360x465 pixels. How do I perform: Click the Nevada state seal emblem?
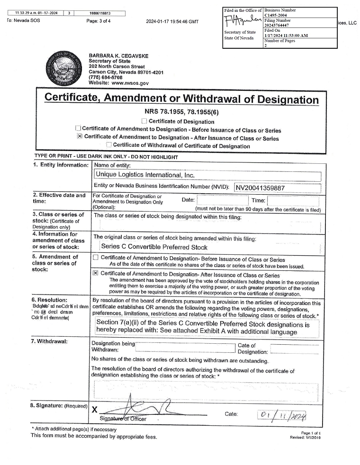(65, 69)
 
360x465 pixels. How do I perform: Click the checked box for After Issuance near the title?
(80, 137)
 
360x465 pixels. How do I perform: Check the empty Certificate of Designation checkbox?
(144, 121)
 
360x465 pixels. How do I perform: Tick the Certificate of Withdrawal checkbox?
(109, 145)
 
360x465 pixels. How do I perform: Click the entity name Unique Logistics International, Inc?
(145, 175)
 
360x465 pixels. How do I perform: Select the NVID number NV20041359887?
(261, 188)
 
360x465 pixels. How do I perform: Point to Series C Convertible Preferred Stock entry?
(154, 247)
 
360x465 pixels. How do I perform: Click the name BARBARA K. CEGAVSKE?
(118, 56)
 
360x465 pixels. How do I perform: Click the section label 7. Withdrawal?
(51, 341)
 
